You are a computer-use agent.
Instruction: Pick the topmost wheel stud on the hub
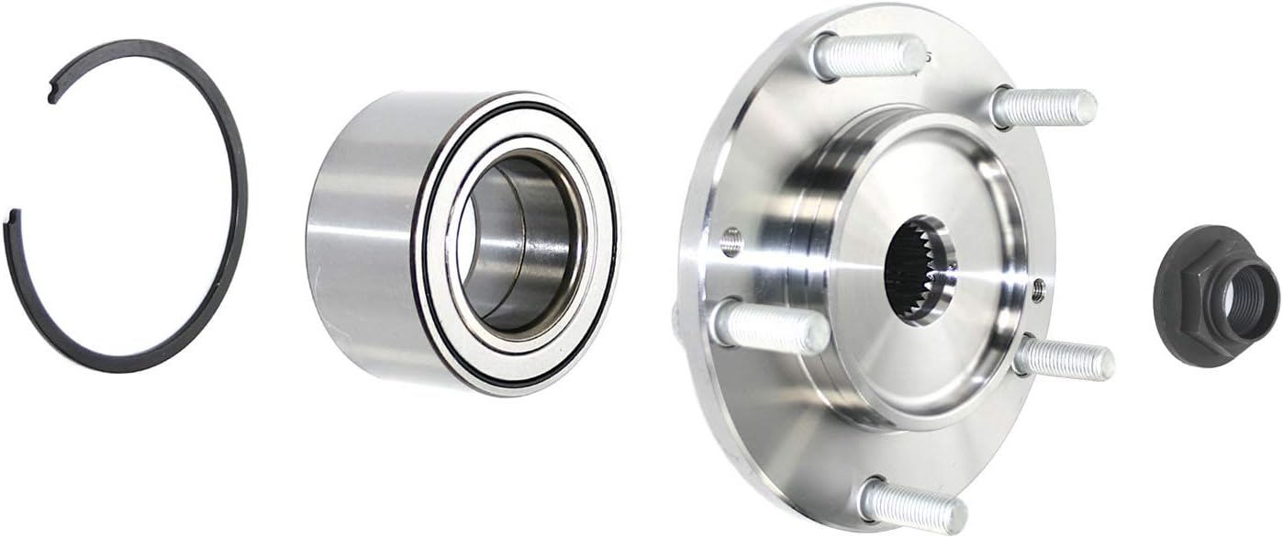coord(867,57)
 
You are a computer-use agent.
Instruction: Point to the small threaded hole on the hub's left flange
coord(731,243)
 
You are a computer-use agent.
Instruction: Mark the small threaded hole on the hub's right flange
coord(1038,290)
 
